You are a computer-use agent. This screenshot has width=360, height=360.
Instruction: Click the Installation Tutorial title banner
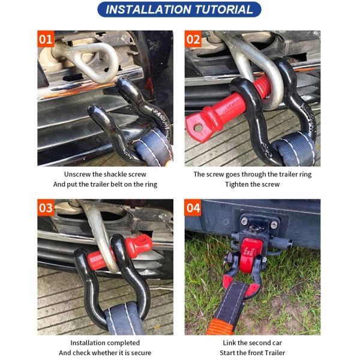click(x=179, y=10)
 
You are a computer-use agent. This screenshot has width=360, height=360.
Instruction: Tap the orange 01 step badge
click(x=46, y=39)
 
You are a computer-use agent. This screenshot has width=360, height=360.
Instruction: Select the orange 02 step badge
click(x=193, y=39)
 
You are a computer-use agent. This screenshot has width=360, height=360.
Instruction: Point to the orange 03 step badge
click(x=46, y=208)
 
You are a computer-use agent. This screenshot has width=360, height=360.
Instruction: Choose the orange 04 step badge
click(x=193, y=208)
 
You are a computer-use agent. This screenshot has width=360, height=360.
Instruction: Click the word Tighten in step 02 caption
click(x=236, y=184)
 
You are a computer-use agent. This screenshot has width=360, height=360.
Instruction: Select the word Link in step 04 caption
click(x=229, y=343)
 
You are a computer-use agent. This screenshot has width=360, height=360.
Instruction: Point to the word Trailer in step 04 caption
click(x=275, y=353)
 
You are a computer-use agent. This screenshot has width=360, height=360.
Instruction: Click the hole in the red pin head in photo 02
click(x=198, y=127)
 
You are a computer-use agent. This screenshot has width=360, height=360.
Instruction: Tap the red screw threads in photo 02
click(x=263, y=84)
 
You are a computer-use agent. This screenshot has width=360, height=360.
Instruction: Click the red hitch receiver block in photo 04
click(x=249, y=255)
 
